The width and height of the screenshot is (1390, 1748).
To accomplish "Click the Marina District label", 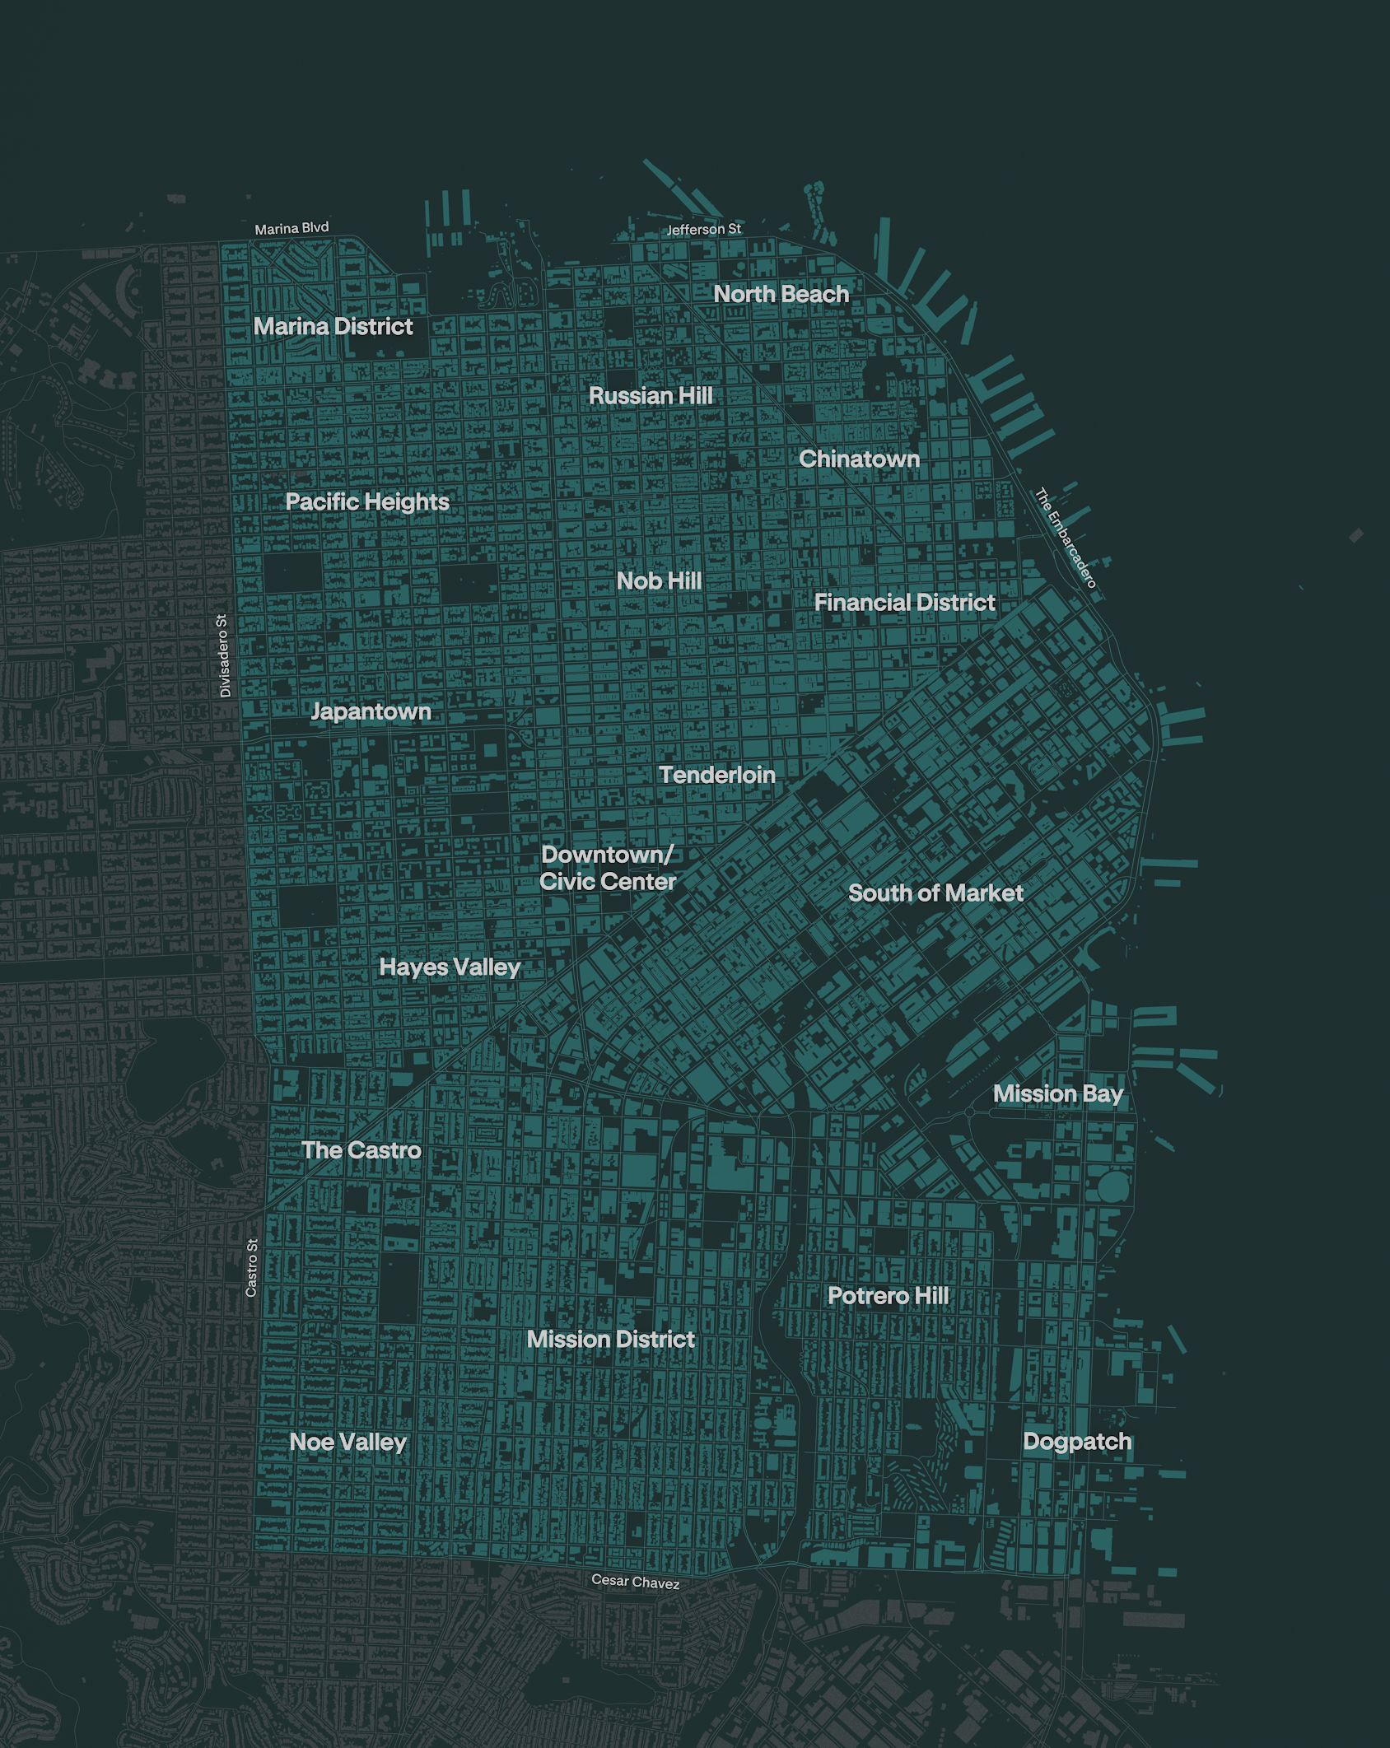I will pyautogui.click(x=334, y=327).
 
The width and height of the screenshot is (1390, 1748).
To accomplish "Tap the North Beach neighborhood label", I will pyautogui.click(x=781, y=294).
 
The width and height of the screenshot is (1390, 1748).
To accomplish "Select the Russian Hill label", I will pyautogui.click(x=651, y=396).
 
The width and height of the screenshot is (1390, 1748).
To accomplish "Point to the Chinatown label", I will pyautogui.click(x=859, y=459).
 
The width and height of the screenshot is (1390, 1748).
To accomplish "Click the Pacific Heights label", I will pyautogui.click(x=367, y=501).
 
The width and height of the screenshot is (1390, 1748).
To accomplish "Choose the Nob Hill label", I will pyautogui.click(x=659, y=581).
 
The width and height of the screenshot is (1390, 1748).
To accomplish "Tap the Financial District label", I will pyautogui.click(x=904, y=603).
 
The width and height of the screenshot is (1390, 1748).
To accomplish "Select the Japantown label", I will pyautogui.click(x=371, y=711).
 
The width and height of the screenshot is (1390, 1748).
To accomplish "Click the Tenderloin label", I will pyautogui.click(x=717, y=775).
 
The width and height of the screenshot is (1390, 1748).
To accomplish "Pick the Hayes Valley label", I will pyautogui.click(x=450, y=967).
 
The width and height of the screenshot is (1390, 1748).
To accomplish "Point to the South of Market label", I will pyautogui.click(x=935, y=893).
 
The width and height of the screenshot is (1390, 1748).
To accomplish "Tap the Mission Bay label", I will pyautogui.click(x=1057, y=1093).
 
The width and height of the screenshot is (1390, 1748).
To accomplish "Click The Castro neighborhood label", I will pyautogui.click(x=361, y=1150).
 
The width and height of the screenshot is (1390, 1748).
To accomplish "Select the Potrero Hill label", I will pyautogui.click(x=888, y=1296).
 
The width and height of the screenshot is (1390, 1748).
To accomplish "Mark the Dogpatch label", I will pyautogui.click(x=1077, y=1442).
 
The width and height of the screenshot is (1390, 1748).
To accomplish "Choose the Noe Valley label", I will pyautogui.click(x=347, y=1443).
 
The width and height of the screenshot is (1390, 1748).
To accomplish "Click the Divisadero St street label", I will pyautogui.click(x=226, y=656).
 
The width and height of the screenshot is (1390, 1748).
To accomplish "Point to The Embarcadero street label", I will pyautogui.click(x=1066, y=539).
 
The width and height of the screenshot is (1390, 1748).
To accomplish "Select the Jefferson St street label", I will pyautogui.click(x=703, y=230).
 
